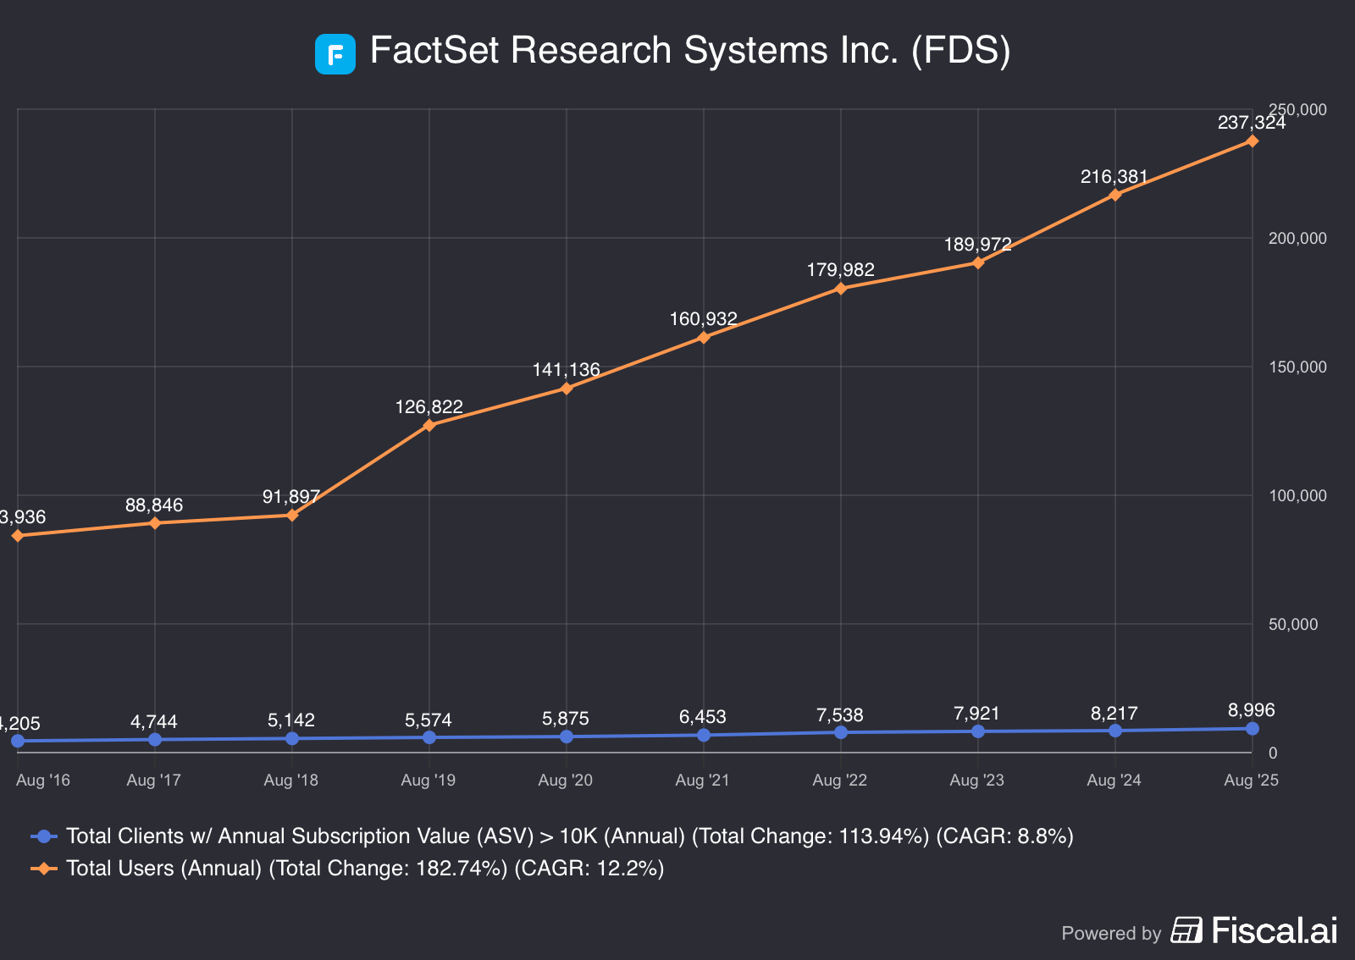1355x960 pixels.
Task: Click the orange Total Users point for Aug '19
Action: [429, 425]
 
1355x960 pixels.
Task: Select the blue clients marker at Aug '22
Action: [841, 732]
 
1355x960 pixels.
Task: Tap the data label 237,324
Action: [1251, 123]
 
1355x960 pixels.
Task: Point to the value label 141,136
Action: [566, 370]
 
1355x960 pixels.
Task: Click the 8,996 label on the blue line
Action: [1251, 710]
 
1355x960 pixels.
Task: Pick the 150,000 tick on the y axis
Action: [1297, 367]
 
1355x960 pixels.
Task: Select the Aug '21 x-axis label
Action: [702, 781]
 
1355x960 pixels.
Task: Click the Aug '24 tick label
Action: [1114, 781]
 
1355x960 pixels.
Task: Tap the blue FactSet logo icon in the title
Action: [335, 54]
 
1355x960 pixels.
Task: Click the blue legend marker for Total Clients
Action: [44, 836]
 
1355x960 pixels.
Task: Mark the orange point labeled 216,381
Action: [1115, 195]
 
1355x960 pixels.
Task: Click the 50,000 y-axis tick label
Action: [1292, 625]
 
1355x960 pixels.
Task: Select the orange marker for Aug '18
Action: [292, 515]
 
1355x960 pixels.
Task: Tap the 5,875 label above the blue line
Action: [565, 719]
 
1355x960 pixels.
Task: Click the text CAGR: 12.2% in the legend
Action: [589, 869]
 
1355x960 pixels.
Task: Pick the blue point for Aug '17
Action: [155, 740]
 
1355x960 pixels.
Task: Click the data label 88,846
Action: [154, 505]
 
